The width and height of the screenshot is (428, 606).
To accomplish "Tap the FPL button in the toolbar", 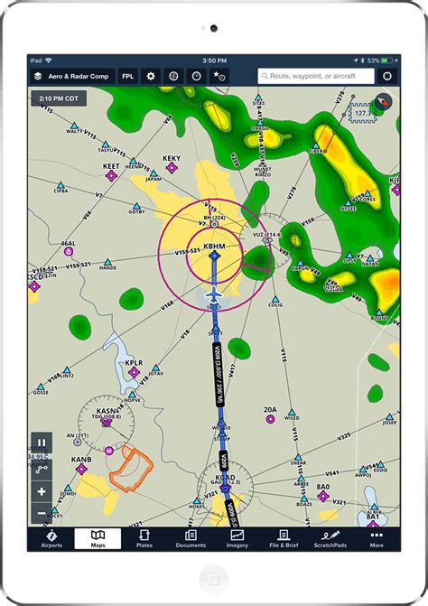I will tap(127, 77).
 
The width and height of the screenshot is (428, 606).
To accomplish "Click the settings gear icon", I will tap(151, 77).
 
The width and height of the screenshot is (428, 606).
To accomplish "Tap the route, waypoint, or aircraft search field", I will tap(316, 77).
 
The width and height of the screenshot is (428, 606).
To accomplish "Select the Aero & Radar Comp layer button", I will tap(72, 77).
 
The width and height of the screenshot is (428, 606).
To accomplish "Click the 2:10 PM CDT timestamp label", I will tap(58, 98).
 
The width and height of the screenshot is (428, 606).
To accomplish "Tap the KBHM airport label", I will tap(215, 246).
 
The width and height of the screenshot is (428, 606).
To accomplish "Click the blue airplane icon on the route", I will tap(215, 294).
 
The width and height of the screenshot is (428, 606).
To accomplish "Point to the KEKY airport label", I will tap(172, 159).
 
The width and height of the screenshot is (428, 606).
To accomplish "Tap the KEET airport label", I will tap(111, 167).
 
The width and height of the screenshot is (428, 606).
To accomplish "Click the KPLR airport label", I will tap(134, 363).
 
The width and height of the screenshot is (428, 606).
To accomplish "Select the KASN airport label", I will tap(106, 412).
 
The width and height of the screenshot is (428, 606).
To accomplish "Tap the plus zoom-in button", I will tap(42, 492).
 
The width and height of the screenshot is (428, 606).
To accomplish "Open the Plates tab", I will tap(144, 540).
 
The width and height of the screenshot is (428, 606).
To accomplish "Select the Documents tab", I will tap(191, 540).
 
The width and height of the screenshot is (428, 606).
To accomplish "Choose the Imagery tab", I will tap(237, 540).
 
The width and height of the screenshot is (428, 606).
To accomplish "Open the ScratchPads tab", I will tap(330, 540).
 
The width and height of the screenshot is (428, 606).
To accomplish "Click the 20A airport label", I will tap(270, 410).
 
